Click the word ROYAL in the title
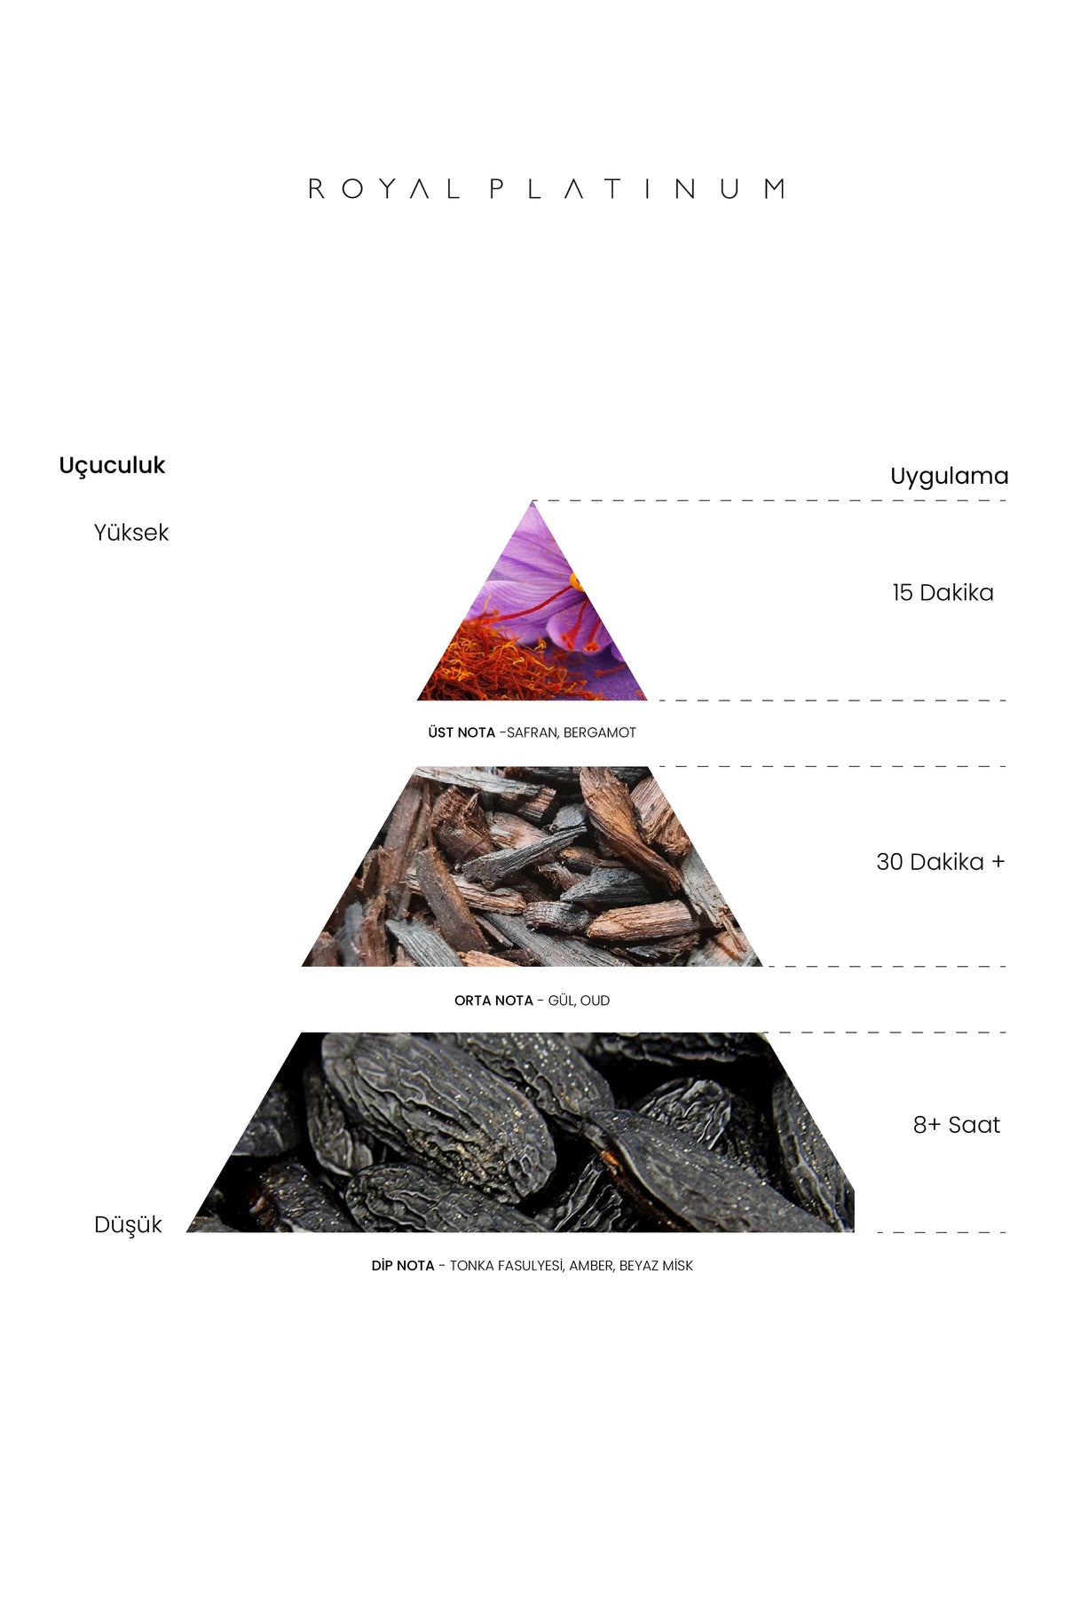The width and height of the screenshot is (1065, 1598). click(x=383, y=189)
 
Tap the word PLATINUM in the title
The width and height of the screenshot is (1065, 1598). click(x=637, y=189)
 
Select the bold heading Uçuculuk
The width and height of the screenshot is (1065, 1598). click(x=112, y=466)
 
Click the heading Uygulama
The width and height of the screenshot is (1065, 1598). click(x=950, y=477)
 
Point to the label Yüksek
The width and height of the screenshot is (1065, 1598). click(x=131, y=533)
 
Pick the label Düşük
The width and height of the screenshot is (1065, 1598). click(x=128, y=1225)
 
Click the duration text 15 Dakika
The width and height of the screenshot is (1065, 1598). click(x=943, y=593)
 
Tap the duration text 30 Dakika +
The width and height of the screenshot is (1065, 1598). click(x=941, y=862)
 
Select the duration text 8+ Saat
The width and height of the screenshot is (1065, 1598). click(x=957, y=1125)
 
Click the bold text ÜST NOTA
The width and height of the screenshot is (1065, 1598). click(x=461, y=732)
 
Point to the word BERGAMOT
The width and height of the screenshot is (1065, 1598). click(x=600, y=733)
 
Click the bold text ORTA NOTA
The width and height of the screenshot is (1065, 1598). click(x=493, y=1001)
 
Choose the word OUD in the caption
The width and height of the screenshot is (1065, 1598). click(x=595, y=1001)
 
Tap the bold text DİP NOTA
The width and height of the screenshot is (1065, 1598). click(x=403, y=1265)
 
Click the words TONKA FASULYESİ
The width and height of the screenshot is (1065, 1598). click(x=506, y=1265)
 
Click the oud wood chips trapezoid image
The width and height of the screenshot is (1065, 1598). click(x=532, y=866)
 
